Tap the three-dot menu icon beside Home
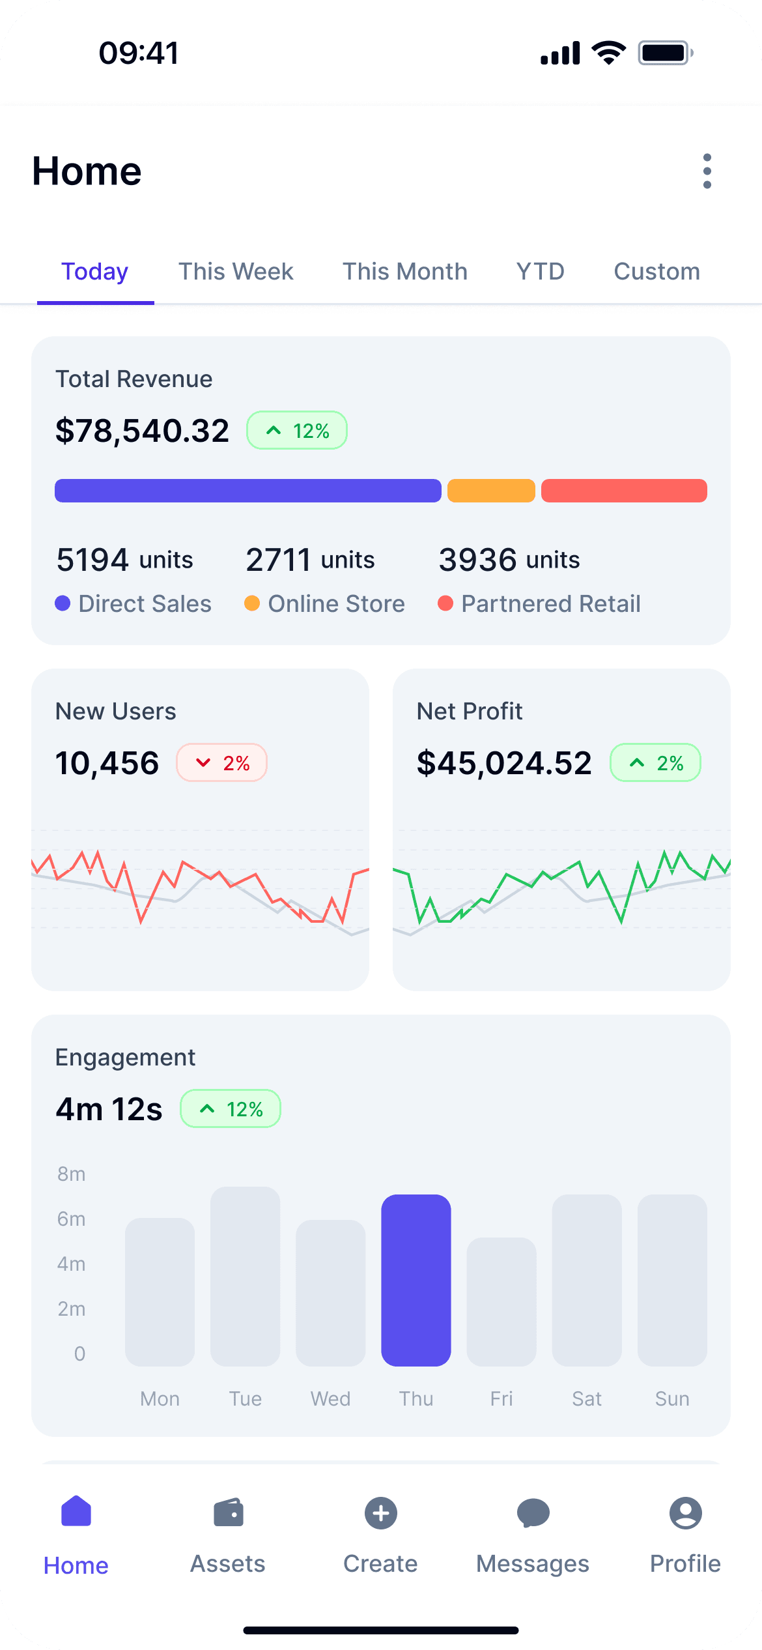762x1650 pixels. pos(707,171)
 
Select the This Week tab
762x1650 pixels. pos(236,272)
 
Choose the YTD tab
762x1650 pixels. pos(540,272)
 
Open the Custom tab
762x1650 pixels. pos(656,272)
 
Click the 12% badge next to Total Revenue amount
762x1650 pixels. pos(297,431)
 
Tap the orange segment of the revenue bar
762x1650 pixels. pos(491,491)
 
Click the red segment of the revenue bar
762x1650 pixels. pos(624,491)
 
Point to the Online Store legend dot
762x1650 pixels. pos(252,603)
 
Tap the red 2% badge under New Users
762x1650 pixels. pos(221,763)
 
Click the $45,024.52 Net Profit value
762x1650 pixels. pos(504,763)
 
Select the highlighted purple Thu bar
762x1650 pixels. pos(416,1280)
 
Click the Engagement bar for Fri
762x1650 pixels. pos(501,1301)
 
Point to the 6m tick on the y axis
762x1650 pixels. pos(72,1219)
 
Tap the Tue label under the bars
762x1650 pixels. pos(246,1399)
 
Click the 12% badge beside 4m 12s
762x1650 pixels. pos(231,1109)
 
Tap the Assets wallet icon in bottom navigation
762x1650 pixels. pos(228,1513)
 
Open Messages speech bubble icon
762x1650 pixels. pos(533,1513)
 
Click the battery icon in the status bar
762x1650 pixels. pos(665,53)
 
